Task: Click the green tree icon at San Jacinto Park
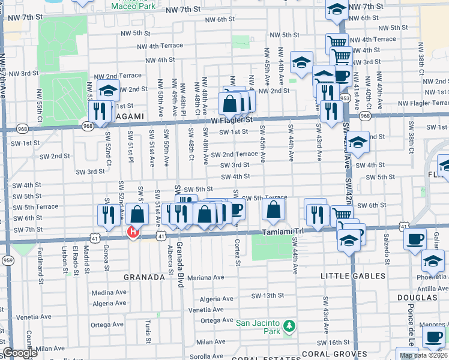[x=289, y=326]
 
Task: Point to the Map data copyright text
[x=423, y=355]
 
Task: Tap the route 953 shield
[x=345, y=98]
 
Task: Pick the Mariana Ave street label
[x=205, y=278]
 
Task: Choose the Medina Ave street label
[x=109, y=292]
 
